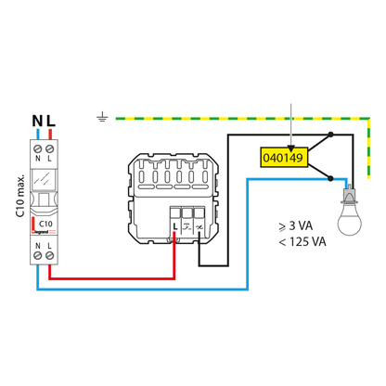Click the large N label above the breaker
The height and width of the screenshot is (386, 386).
point(37,121)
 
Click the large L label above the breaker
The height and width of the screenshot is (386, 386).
point(51,121)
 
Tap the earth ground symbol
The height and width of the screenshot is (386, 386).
point(102,118)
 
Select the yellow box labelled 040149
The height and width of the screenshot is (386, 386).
point(284,158)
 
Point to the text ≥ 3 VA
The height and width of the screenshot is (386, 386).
point(296,226)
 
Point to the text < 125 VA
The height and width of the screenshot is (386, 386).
point(302,241)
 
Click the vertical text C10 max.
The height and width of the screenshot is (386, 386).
point(20,196)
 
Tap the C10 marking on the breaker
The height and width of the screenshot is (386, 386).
point(45,224)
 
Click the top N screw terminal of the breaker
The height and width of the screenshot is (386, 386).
point(38,149)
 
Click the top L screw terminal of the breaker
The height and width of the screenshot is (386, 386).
point(49,149)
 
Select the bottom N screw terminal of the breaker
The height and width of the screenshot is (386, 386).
point(38,255)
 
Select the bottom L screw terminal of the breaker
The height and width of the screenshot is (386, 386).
point(49,255)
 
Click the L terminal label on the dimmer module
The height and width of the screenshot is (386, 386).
point(175,226)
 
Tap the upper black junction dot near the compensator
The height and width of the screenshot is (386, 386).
point(330,135)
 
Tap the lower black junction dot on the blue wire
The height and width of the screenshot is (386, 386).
point(330,178)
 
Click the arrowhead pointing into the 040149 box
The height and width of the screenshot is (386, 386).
point(290,148)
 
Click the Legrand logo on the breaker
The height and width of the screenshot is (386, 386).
point(44,232)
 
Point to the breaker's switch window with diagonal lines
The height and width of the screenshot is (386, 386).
point(44,178)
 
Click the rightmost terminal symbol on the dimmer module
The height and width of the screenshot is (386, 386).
point(199,227)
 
